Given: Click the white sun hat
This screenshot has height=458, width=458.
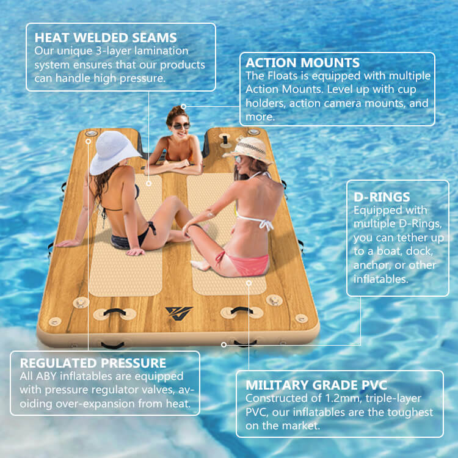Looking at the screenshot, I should click(x=115, y=151).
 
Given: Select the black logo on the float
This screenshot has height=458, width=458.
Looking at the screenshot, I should click(x=179, y=311).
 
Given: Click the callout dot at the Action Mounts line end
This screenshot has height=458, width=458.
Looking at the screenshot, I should click(x=183, y=106).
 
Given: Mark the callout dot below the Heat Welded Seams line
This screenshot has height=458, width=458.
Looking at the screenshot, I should click(x=148, y=182).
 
